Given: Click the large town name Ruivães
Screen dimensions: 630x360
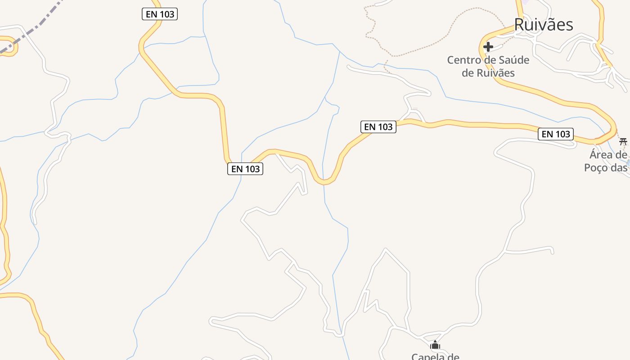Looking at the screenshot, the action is [544, 24].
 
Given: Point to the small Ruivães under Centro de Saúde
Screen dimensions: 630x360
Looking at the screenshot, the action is [495, 72].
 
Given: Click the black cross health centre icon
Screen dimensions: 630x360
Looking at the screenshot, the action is [488, 46].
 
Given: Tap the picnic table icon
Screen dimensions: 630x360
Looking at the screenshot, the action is [623, 142].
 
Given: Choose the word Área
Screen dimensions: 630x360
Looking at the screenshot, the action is [601, 155].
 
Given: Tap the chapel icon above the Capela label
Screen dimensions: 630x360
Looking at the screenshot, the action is [435, 346].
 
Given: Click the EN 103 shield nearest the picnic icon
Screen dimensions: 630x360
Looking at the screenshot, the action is [556, 134].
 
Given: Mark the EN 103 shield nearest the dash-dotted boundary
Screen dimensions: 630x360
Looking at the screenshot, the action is [160, 14].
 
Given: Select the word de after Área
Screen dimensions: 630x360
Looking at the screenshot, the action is [621, 155].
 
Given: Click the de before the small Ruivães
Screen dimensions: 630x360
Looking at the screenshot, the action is [468, 72].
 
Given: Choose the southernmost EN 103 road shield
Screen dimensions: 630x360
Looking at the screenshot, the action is [245, 169].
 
